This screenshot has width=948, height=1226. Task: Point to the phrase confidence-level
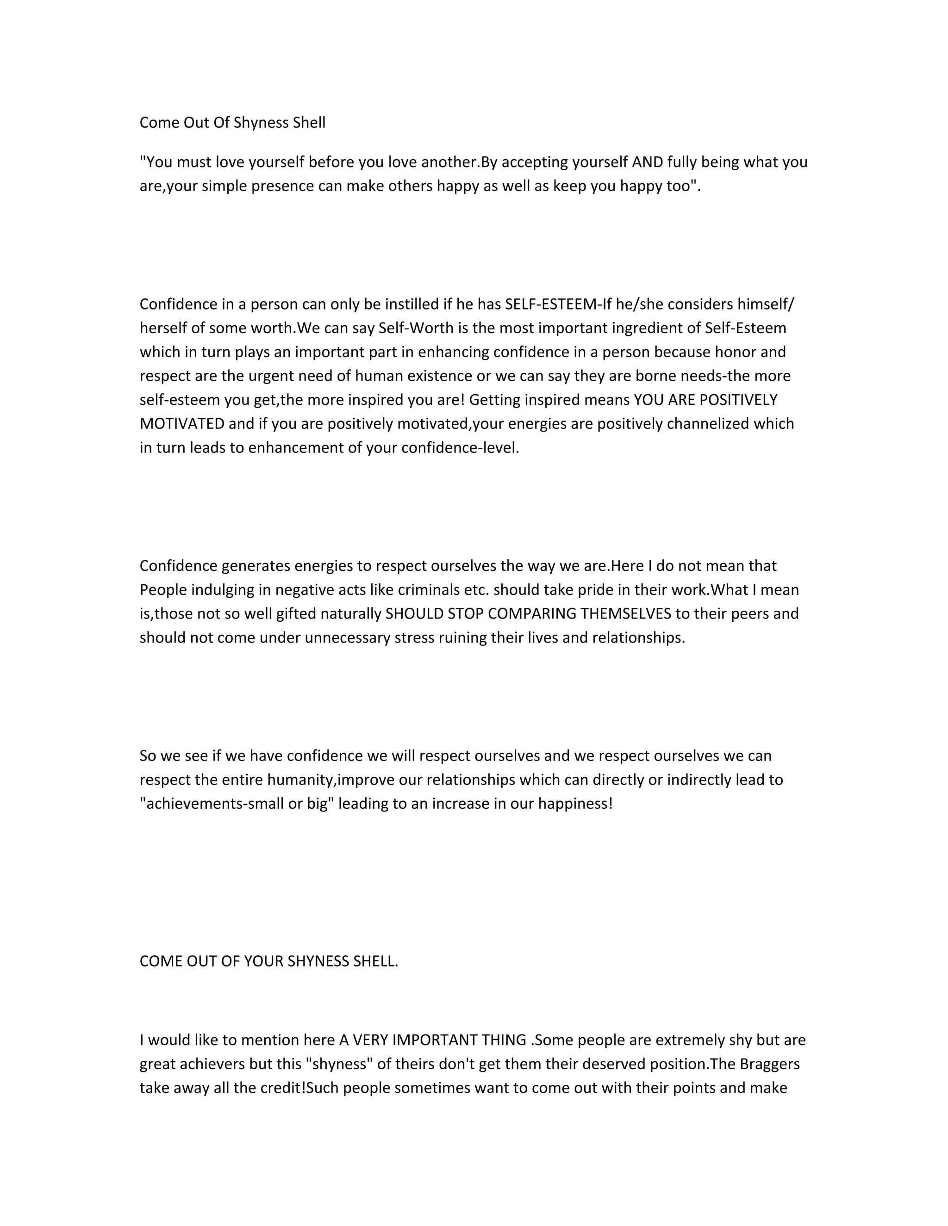tap(461, 447)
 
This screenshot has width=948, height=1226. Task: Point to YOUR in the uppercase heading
tap(263, 962)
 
